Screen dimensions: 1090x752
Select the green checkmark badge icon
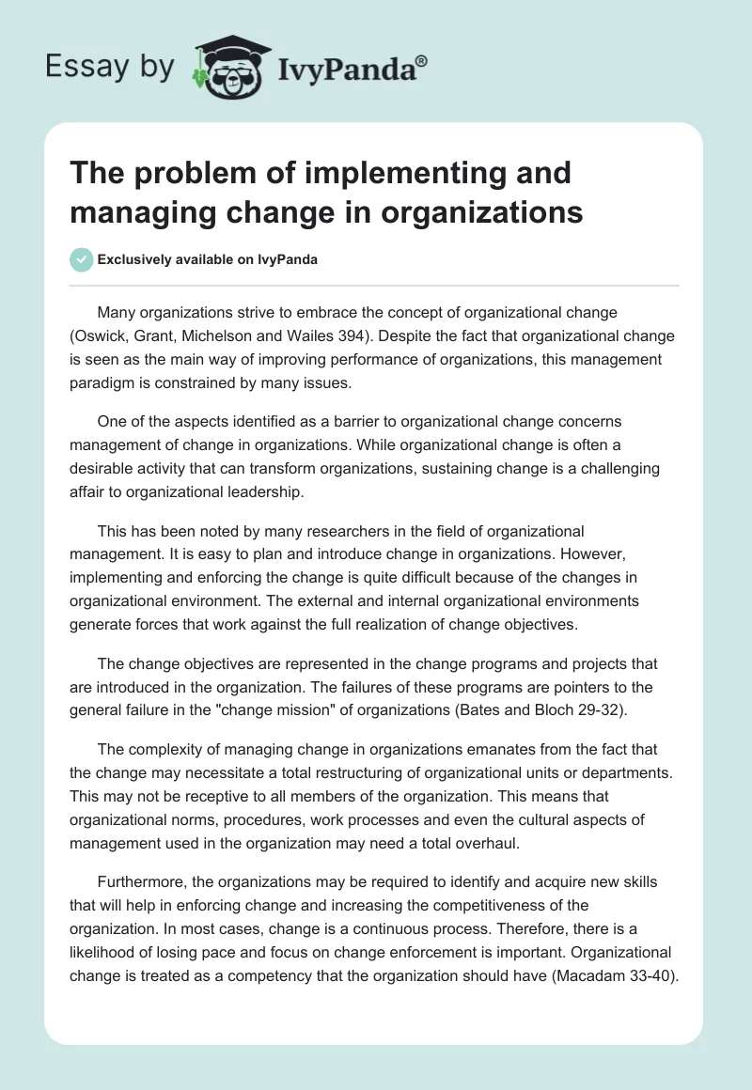click(x=82, y=259)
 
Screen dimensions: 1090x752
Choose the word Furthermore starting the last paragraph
click(x=141, y=883)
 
